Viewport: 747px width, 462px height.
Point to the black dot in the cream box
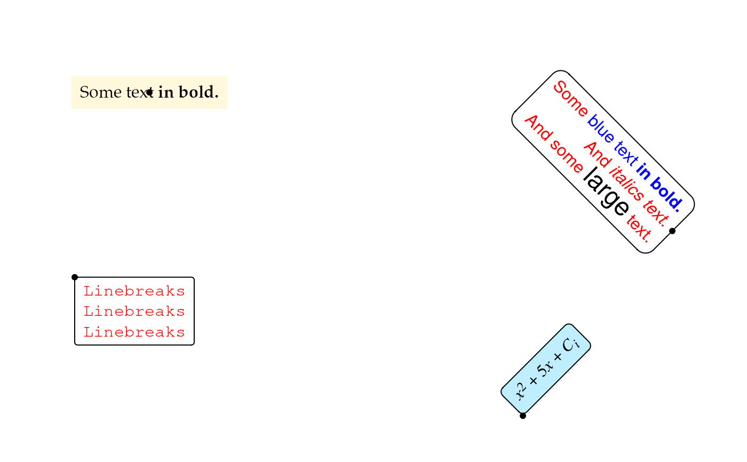coord(150,92)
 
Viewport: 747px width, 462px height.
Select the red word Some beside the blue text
coord(570,100)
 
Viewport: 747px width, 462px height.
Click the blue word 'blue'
coord(601,131)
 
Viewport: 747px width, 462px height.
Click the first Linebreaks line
coord(134,291)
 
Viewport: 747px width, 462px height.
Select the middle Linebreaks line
coord(134,311)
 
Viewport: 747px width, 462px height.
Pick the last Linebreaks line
coord(134,332)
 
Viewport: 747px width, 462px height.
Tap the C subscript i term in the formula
coord(571,344)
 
